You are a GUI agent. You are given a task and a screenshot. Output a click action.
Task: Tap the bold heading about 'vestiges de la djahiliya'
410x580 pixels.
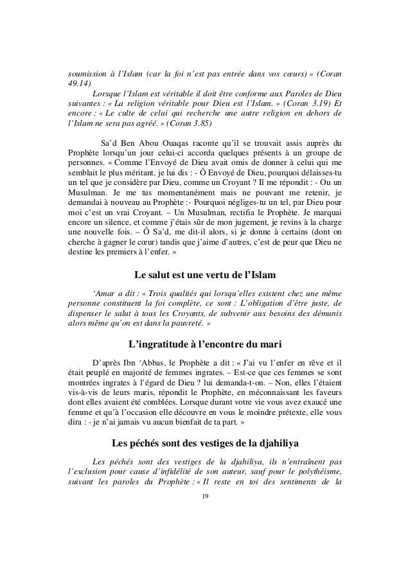[205, 443]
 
